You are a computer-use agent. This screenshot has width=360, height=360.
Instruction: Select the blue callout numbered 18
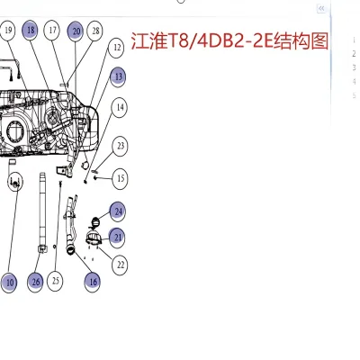[x=31, y=31]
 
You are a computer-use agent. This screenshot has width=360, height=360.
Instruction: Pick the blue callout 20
[x=75, y=31]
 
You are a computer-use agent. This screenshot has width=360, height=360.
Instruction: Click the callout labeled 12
[x=116, y=47]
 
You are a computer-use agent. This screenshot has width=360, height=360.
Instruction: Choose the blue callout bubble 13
[x=119, y=77]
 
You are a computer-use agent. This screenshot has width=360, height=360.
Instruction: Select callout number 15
[x=121, y=178]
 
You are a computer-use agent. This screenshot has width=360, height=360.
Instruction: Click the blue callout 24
[x=118, y=211]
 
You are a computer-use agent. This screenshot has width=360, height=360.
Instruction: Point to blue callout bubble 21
[x=118, y=237]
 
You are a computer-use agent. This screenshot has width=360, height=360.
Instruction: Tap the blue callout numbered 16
[x=92, y=281]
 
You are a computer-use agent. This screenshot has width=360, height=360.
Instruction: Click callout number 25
[x=56, y=281]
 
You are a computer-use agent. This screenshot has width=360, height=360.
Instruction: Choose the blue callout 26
[x=35, y=281]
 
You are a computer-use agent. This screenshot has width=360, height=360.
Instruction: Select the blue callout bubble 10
[x=9, y=282]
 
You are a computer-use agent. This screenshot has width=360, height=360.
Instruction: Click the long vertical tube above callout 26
[x=41, y=207]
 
